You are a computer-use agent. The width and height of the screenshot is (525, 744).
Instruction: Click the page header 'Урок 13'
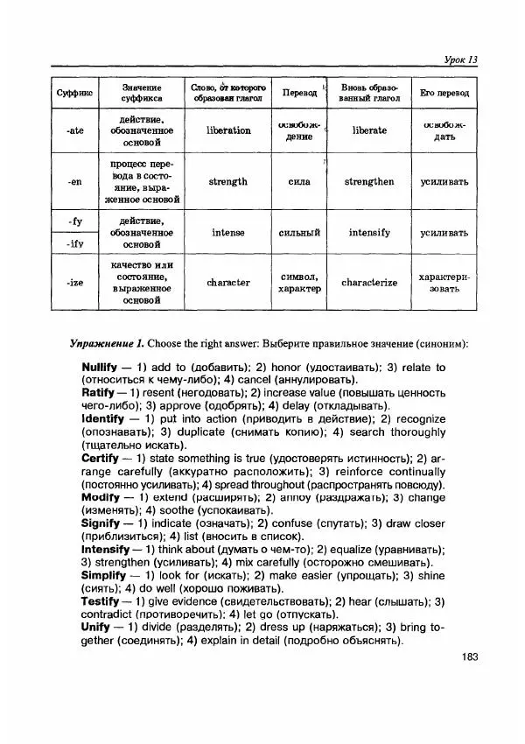click(x=457, y=60)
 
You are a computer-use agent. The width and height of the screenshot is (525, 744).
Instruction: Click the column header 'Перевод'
click(x=299, y=93)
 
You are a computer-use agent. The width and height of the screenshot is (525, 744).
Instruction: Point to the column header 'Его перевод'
click(x=444, y=93)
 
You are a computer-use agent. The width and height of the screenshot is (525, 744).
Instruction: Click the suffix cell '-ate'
click(x=75, y=130)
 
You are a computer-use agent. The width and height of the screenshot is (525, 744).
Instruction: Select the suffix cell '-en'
click(x=75, y=182)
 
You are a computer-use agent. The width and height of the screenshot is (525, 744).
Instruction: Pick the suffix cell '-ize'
click(x=75, y=283)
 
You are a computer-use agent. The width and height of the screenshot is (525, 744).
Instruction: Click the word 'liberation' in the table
click(x=228, y=130)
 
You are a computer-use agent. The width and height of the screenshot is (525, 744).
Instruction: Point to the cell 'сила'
click(x=299, y=182)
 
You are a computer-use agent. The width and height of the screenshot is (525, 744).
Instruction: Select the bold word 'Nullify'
click(x=101, y=367)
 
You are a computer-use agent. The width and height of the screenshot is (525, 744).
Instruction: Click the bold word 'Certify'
click(x=100, y=458)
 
